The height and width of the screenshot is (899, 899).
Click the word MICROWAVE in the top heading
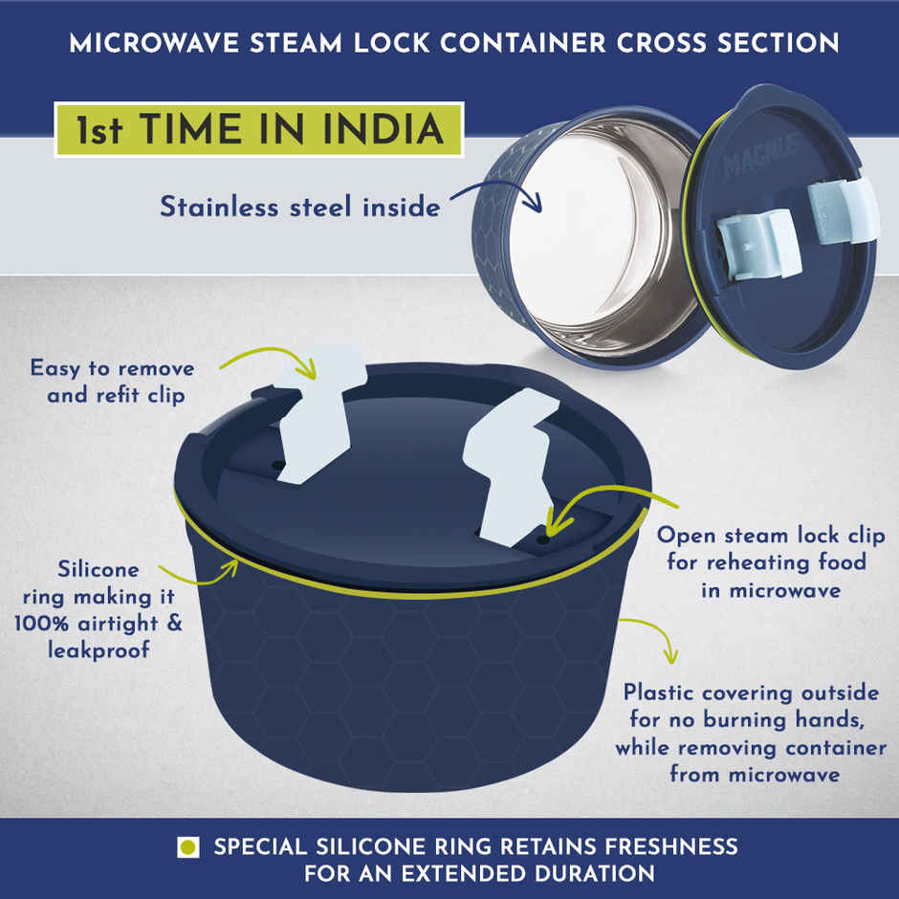pyautogui.click(x=154, y=43)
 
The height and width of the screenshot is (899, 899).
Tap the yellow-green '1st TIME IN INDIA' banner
pyautogui.click(x=259, y=129)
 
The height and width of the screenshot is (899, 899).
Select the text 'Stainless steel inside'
pyautogui.click(x=300, y=207)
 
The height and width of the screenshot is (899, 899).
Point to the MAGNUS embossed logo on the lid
pyautogui.click(x=760, y=155)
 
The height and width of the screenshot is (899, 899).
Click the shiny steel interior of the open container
pyautogui.click(x=602, y=230)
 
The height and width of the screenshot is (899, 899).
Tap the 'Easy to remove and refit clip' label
pyautogui.click(x=113, y=382)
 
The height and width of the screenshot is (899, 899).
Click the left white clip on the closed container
pyautogui.click(x=318, y=414)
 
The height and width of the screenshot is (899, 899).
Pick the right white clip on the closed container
pyautogui.click(x=511, y=466)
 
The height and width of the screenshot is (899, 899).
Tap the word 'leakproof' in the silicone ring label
pyautogui.click(x=99, y=650)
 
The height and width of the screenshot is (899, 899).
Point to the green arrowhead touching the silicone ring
pyautogui.click(x=231, y=566)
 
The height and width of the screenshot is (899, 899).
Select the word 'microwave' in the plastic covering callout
pyautogui.click(x=784, y=776)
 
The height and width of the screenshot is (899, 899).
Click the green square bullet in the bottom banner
pyautogui.click(x=188, y=846)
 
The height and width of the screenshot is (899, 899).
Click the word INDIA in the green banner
pyautogui.click(x=383, y=129)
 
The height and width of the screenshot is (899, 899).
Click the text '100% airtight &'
pyautogui.click(x=99, y=624)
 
